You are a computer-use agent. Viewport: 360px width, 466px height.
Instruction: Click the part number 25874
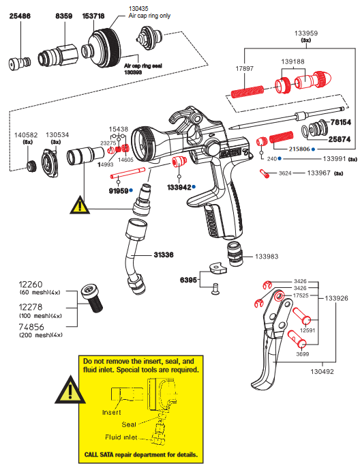pyautogui.click(x=342, y=139)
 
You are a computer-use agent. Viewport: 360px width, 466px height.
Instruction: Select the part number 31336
pyautogui.click(x=165, y=254)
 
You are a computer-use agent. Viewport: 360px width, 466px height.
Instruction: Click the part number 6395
pyautogui.click(x=189, y=280)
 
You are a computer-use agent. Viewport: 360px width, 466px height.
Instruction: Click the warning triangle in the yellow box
pyautogui.click(x=71, y=390)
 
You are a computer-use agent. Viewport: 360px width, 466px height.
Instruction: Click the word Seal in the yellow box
pyautogui.click(x=129, y=424)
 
